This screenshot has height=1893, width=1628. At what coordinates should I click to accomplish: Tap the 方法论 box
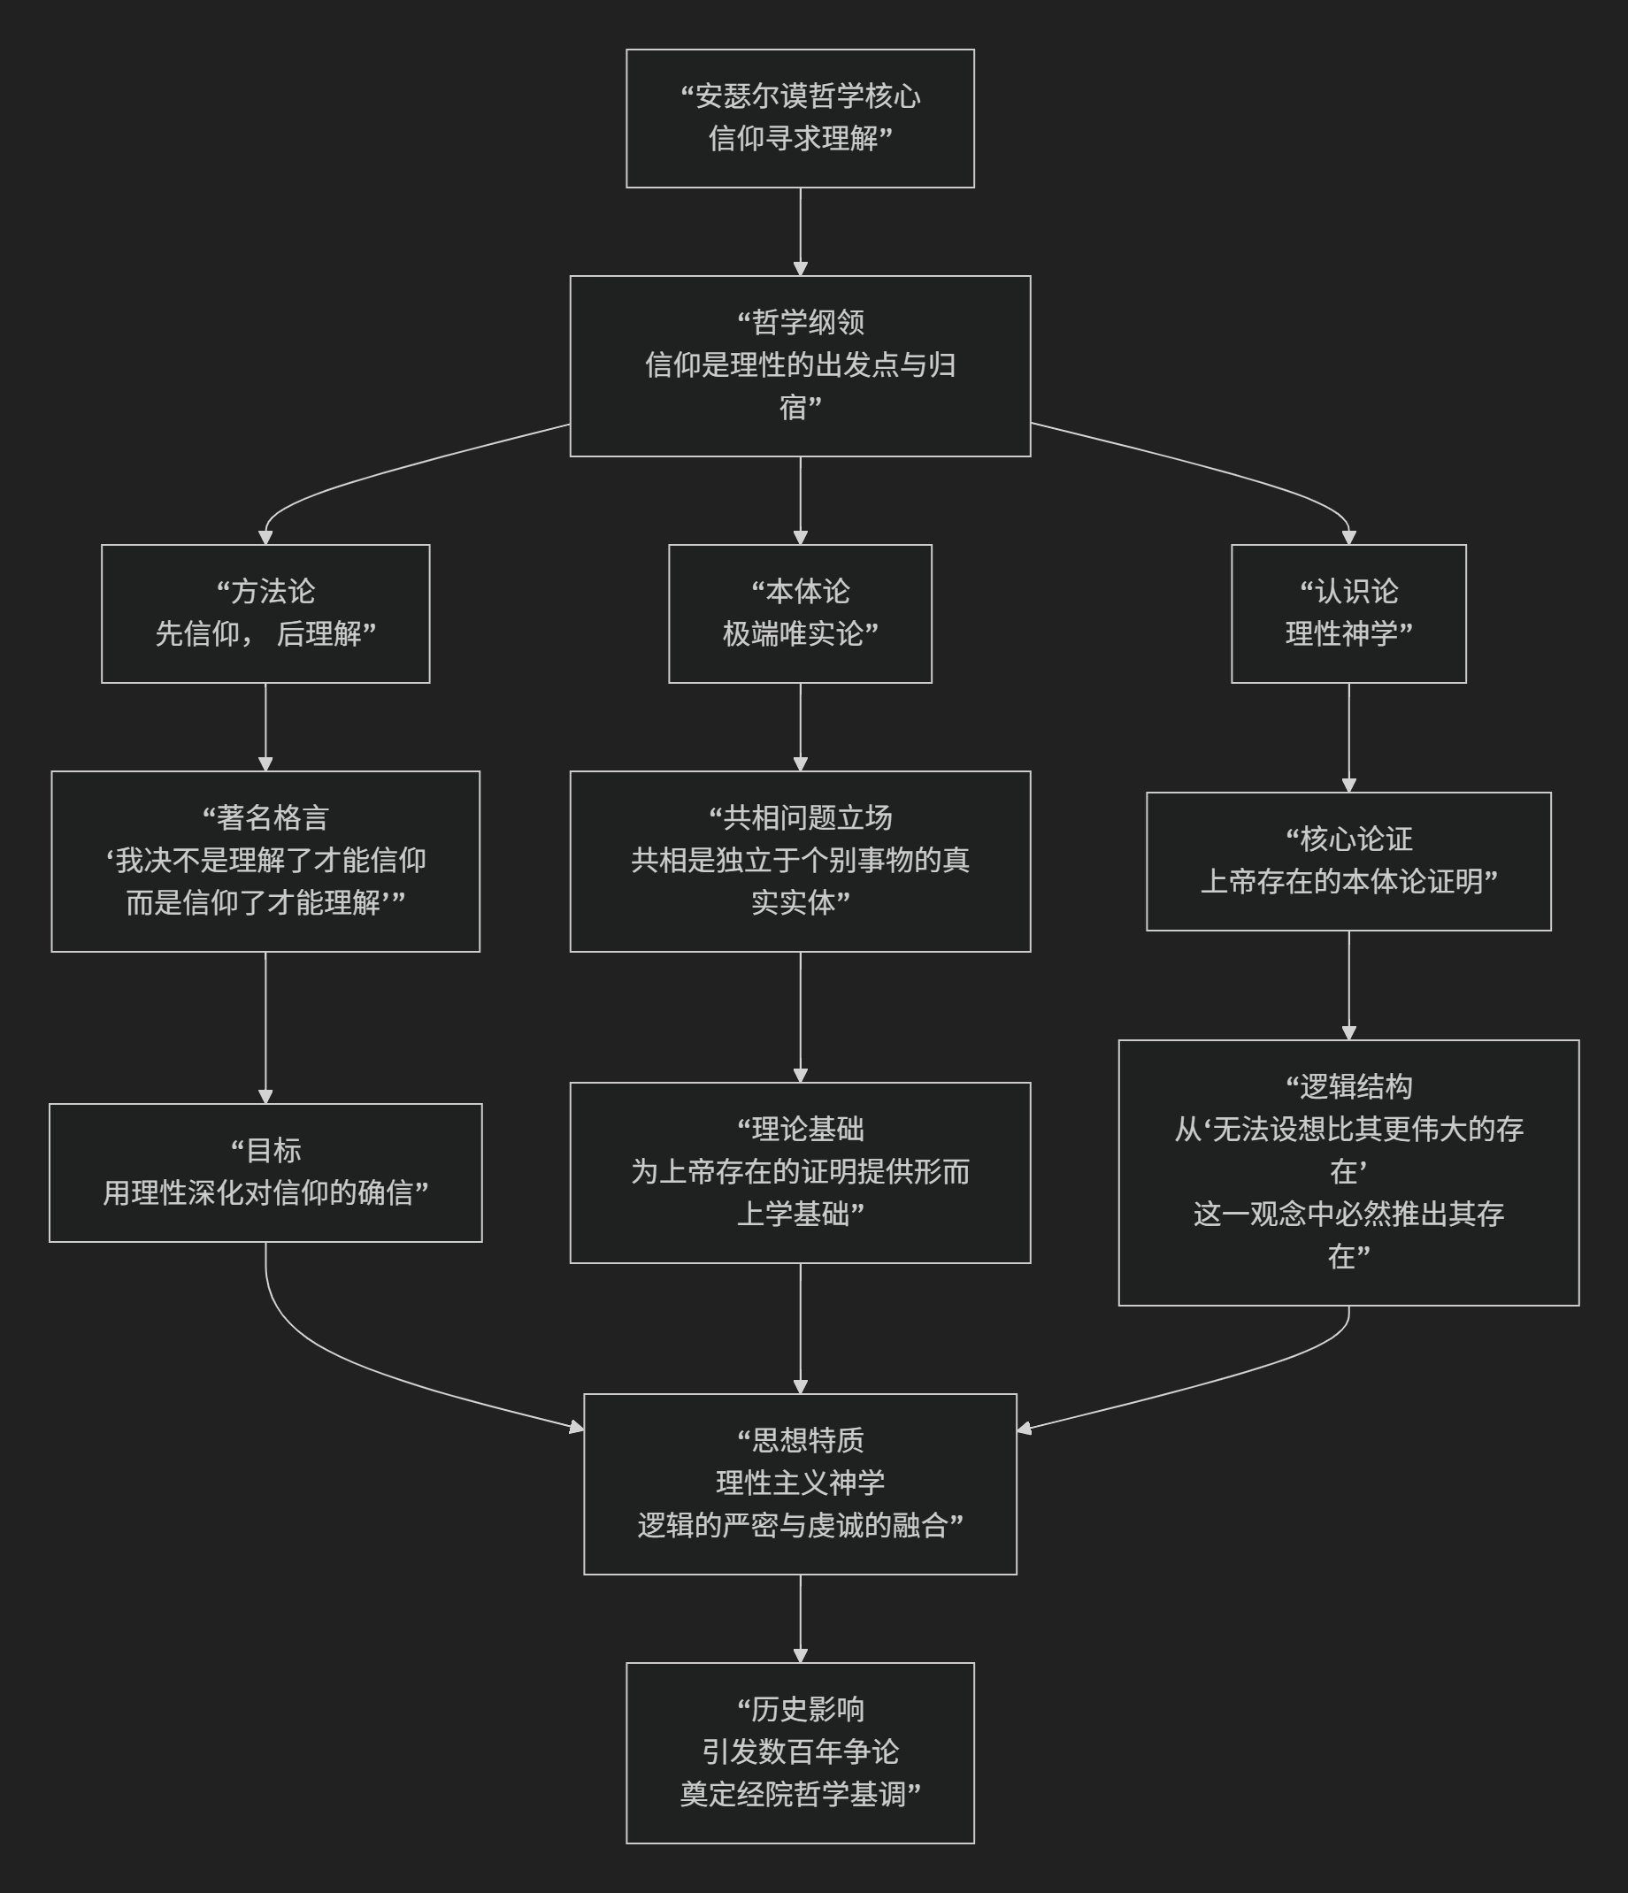[265, 613]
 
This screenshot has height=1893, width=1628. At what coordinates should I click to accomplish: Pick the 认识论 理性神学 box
[1348, 613]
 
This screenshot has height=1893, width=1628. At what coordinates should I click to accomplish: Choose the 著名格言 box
[265, 861]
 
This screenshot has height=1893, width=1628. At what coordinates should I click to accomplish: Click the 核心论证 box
[1348, 861]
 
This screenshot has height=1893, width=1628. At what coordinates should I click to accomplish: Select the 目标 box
[265, 1172]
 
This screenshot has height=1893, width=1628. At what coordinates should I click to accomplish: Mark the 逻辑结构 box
[1348, 1172]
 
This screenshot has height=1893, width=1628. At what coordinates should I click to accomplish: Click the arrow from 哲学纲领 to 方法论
[365, 477]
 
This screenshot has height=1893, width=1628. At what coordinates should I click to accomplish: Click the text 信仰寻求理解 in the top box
[793, 139]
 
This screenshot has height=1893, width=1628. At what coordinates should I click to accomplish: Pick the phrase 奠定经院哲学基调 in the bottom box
[793, 1794]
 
